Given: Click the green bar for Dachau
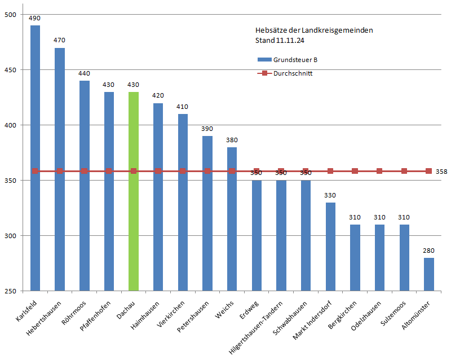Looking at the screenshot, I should click(134, 192).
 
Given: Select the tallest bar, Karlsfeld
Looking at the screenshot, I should click(35, 158).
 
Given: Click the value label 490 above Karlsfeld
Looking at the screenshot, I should click(35, 19).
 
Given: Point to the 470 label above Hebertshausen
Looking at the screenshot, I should click(60, 40).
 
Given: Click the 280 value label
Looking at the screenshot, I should click(429, 250).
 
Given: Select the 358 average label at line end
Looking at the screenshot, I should click(441, 172).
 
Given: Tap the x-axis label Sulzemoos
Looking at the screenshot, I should click(396, 311).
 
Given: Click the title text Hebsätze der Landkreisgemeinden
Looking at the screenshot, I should click(314, 30).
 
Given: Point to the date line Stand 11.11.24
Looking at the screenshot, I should click(280, 41).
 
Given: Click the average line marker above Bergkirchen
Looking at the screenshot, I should click(355, 171).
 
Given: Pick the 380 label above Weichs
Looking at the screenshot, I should click(232, 139).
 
